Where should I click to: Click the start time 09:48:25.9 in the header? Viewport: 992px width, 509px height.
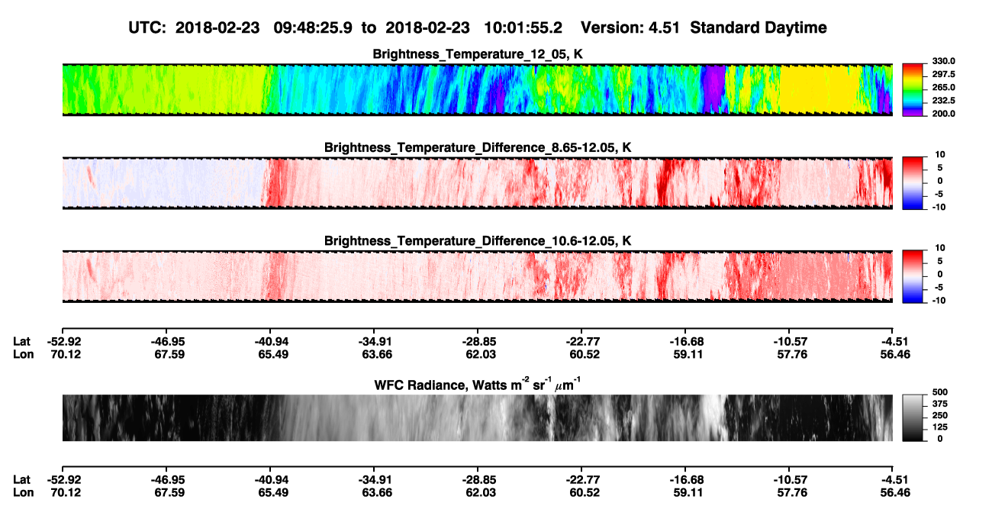coord(313,28)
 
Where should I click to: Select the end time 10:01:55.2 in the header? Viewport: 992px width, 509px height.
coord(523,28)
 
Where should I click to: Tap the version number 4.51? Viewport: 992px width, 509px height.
coord(664,28)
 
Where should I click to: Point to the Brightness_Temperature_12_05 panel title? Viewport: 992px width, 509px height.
coord(478,54)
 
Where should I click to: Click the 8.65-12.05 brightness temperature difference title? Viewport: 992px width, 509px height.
coord(478,147)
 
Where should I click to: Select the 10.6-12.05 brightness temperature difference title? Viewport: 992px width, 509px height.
coord(478,241)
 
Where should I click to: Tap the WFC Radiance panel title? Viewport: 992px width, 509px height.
coord(478,385)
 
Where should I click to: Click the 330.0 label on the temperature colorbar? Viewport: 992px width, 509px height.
coord(943,61)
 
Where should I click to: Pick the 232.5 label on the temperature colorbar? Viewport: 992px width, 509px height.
coord(943,101)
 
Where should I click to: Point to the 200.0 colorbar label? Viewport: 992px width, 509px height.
coord(943,114)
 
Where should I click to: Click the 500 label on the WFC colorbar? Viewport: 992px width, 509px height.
coord(940,392)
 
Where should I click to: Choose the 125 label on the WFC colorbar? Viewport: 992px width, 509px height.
coord(940,427)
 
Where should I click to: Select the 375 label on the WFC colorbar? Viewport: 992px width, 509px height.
coord(940,404)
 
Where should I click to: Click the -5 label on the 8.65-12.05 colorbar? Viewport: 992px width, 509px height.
coord(939,194)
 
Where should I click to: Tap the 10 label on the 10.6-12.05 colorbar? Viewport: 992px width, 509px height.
coord(940,248)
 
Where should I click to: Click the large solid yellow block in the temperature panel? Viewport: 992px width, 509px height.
coord(820,89)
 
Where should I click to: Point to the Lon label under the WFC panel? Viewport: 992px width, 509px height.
coord(24,493)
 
